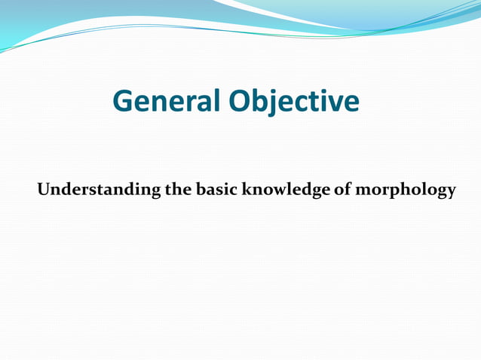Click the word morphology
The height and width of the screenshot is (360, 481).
click(406, 190)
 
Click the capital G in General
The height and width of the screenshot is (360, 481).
click(123, 102)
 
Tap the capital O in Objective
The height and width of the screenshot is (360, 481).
click(243, 102)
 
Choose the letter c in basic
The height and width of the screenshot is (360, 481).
click(232, 190)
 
